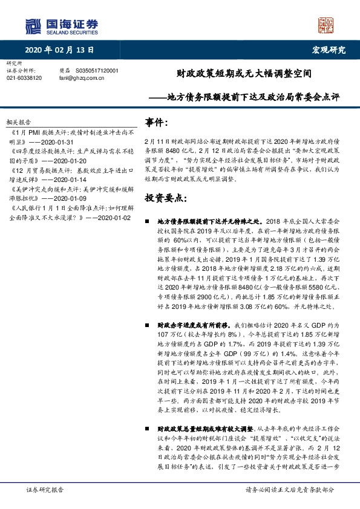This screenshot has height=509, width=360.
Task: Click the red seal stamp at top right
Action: pos(326,25)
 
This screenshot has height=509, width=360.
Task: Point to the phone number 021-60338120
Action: pos(24,78)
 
